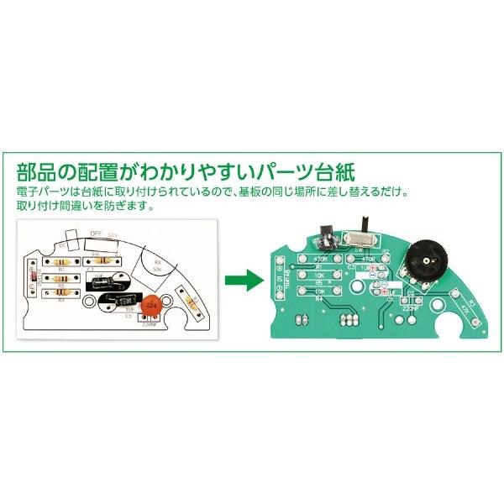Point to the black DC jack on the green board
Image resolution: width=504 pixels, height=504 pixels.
(328, 236)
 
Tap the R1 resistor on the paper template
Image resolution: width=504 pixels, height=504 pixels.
(60, 260)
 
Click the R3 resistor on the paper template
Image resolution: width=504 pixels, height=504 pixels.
(60, 286)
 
